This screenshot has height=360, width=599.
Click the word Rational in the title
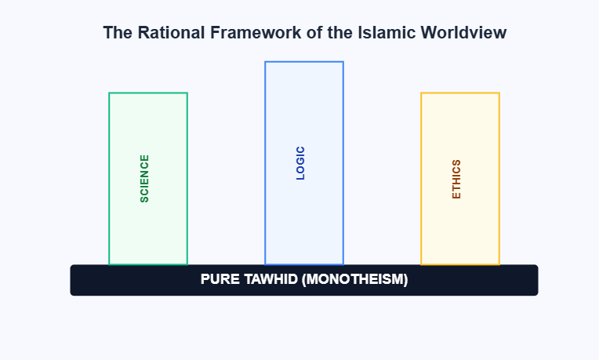[165, 33]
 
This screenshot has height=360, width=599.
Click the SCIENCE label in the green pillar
[144, 179]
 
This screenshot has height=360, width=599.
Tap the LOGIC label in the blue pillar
[300, 163]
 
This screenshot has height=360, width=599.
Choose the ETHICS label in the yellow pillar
[456, 179]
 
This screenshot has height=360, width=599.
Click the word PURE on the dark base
[218, 279]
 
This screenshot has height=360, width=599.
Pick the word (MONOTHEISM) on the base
[354, 279]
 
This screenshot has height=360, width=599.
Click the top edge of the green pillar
[148, 93]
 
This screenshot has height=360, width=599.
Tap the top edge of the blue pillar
[304, 61]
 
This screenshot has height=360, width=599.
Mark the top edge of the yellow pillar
[460, 93]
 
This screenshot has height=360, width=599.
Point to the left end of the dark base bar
[73, 280]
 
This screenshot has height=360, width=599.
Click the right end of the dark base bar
[535, 280]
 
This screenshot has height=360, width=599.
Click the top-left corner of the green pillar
[110, 93]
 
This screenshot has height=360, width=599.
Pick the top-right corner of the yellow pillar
[499, 93]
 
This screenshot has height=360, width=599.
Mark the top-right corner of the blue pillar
[343, 62]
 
